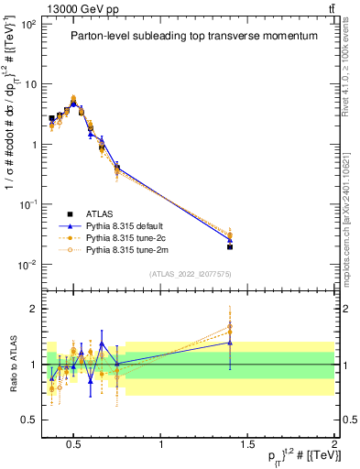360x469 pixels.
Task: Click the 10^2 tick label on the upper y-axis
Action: click(27, 24)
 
